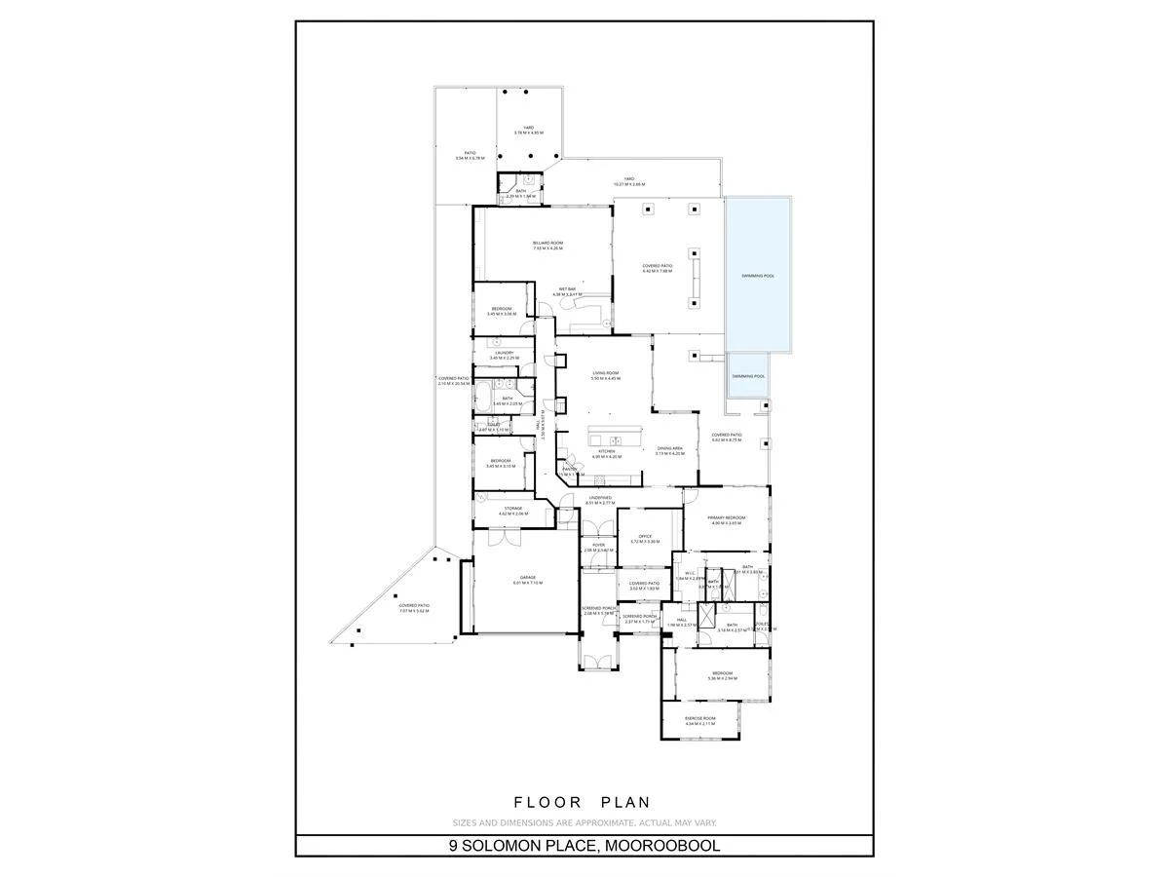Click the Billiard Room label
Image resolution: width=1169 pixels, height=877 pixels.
point(548,243)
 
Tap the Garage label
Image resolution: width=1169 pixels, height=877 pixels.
point(528,578)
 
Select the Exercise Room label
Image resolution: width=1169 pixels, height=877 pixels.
point(699,718)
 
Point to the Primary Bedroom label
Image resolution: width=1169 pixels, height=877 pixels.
point(726,517)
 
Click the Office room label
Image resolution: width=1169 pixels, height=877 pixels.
point(644,536)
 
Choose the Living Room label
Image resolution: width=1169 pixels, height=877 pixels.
point(606,373)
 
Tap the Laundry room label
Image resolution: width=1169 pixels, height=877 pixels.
point(504,353)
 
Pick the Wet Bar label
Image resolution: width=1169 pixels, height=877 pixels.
point(569,288)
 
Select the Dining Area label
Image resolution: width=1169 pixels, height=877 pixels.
point(669,448)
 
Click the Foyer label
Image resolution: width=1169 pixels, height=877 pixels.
point(598,545)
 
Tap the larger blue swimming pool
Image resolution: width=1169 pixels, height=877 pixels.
point(758,276)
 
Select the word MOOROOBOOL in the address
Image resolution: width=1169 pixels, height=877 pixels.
point(663,846)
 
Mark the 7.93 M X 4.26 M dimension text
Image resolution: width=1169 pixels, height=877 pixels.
point(548,249)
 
